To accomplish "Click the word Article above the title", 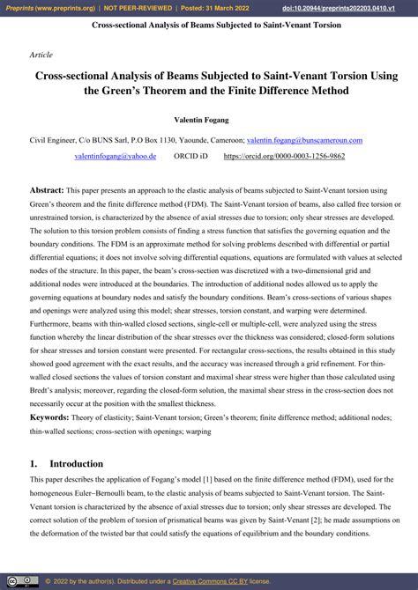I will click(41, 55).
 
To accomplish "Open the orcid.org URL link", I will click(286, 156).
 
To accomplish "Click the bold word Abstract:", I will click(47, 190).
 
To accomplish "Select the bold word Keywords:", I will click(50, 417).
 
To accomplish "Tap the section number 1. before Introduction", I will click(34, 464).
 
